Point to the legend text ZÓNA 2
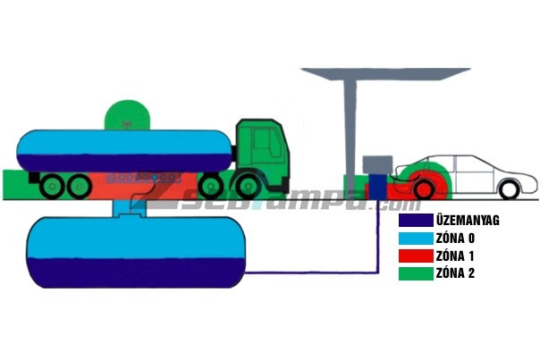455,273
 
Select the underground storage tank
134,250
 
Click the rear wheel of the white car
509,189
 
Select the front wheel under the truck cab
211,186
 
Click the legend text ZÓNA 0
455,239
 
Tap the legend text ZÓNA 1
455,255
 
